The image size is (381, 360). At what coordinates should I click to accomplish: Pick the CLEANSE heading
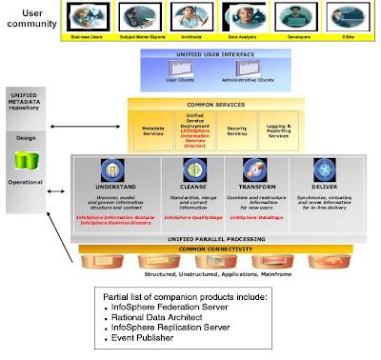[x=176, y=188]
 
